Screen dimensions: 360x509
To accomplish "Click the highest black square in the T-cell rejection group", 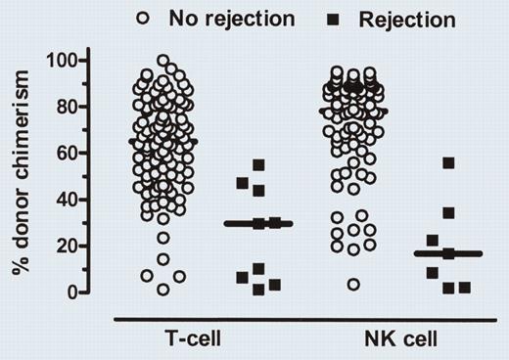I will [259, 165].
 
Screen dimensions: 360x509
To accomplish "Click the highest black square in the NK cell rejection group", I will [448, 163].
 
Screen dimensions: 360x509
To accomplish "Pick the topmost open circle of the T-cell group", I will [162, 61].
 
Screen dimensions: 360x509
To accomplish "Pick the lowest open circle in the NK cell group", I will [353, 284].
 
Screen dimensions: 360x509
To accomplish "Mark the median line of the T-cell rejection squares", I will [258, 224].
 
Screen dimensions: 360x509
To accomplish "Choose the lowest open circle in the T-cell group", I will [162, 289].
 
